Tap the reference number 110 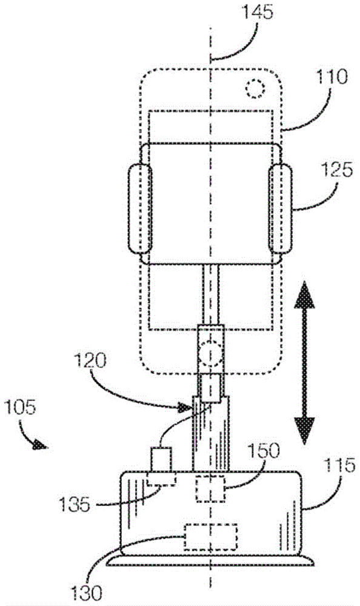coord(332,77)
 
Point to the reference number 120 coord(90,361)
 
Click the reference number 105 coord(20,407)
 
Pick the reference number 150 coord(263,451)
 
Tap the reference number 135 coord(75,504)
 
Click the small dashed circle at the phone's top coord(255,89)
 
